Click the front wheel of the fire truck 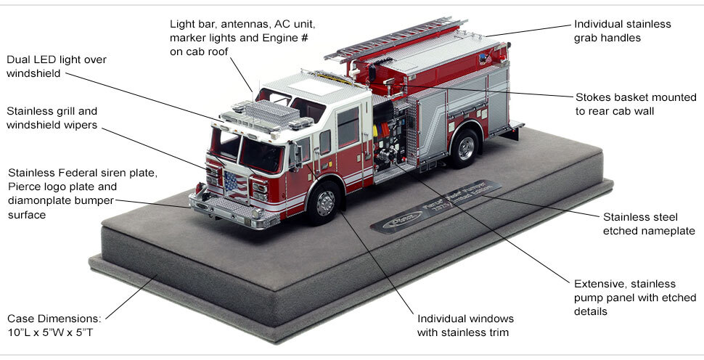[324, 202]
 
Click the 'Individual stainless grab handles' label [622, 30]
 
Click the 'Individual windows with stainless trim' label [465, 326]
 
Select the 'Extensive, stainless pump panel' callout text [634, 298]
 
